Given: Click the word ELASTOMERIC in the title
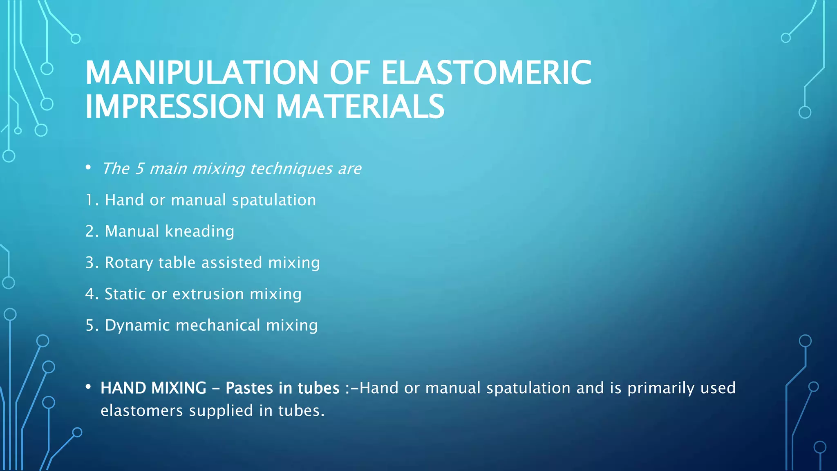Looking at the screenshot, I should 486,73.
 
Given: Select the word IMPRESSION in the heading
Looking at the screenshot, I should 175,107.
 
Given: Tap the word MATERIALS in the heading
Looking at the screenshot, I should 360,107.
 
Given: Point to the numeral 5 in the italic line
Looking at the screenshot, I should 139,168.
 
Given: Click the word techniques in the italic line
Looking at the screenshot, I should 291,168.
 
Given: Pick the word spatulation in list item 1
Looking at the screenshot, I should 274,200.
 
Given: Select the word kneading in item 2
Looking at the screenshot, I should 199,231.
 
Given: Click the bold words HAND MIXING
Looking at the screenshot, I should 153,388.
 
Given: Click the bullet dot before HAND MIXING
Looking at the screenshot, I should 88,387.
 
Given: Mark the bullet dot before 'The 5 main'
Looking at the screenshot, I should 88,167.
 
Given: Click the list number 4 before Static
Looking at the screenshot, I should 90,294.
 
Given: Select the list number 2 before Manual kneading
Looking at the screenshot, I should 90,231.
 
